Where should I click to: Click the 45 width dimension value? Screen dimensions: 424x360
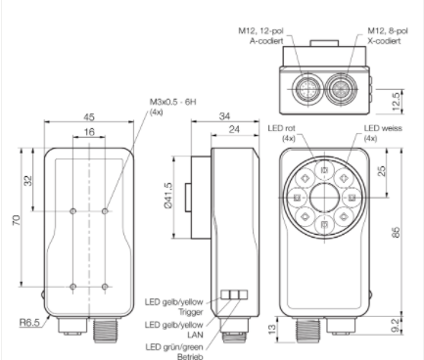coord(89,116)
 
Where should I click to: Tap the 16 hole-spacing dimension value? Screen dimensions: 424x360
coord(89,132)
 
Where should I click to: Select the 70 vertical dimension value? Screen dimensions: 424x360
coord(17,220)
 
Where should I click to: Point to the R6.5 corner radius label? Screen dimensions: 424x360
coord(29,323)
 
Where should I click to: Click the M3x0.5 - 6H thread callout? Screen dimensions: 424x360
coord(173,102)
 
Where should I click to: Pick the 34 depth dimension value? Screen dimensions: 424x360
coord(224,116)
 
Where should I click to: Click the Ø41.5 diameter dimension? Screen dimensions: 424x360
coord(168,196)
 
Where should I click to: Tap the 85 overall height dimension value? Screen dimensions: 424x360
coord(396,232)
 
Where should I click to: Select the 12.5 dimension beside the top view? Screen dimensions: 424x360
coord(396,102)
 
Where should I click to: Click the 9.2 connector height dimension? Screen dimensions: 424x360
coord(395,326)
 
